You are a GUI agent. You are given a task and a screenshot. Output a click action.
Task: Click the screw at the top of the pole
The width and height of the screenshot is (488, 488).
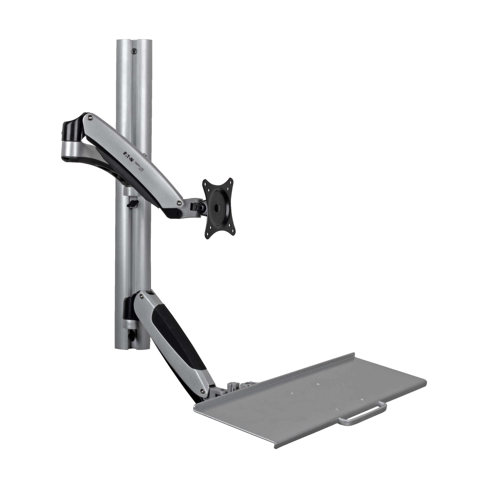[134, 51]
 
